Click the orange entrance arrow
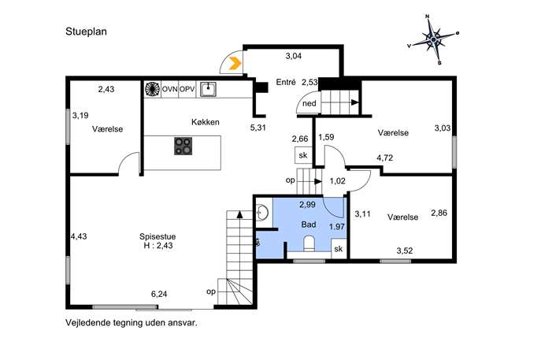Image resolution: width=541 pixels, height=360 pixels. pyautogui.click(x=235, y=64)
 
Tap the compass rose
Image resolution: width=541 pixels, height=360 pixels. pyautogui.click(x=434, y=39)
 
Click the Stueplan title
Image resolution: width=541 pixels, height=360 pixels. pyautogui.click(x=87, y=32)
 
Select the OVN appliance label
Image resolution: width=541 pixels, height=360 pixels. pyautogui.click(x=170, y=89)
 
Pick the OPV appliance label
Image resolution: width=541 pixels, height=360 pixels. pyautogui.click(x=187, y=89)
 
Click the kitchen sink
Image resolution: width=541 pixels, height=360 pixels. pyautogui.click(x=209, y=89)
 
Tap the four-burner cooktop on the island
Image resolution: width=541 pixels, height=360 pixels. pyautogui.click(x=183, y=146)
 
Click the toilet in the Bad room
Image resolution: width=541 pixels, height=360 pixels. pyautogui.click(x=309, y=243)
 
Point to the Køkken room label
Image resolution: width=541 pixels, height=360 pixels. pyautogui.click(x=206, y=122)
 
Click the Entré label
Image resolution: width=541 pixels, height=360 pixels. pyautogui.click(x=286, y=82)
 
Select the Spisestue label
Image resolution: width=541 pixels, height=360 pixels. pyautogui.click(x=157, y=237)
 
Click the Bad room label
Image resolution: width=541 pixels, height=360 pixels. pyautogui.click(x=309, y=225)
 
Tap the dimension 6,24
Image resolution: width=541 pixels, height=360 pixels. pyautogui.click(x=159, y=294)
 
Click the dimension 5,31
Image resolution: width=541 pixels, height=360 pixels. pyautogui.click(x=258, y=128)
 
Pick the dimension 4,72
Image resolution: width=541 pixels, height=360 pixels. pyautogui.click(x=385, y=158)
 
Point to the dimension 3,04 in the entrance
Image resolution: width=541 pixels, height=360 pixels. pyautogui.click(x=294, y=56)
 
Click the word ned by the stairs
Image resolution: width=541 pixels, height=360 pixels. pyautogui.click(x=309, y=103)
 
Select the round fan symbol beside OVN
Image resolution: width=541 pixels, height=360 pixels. pyautogui.click(x=153, y=89)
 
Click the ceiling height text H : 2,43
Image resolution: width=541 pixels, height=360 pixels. pyautogui.click(x=158, y=246)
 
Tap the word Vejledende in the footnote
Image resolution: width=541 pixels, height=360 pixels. pyautogui.click(x=88, y=323)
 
